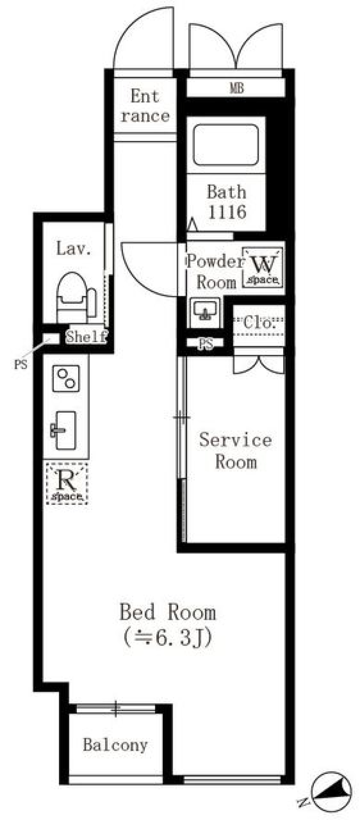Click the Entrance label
coord(145,106)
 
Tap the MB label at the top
coord(237,88)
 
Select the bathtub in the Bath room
coord(226,145)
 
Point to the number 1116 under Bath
coord(226,212)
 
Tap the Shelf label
coord(86,337)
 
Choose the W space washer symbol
coord(262,267)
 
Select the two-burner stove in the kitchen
coord(66,379)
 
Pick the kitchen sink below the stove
coord(64,430)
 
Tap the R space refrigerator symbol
coord(67,484)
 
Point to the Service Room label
coord(235,451)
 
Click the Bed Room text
coord(168,612)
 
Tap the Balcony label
coord(115,745)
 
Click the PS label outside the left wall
coord(21,364)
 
